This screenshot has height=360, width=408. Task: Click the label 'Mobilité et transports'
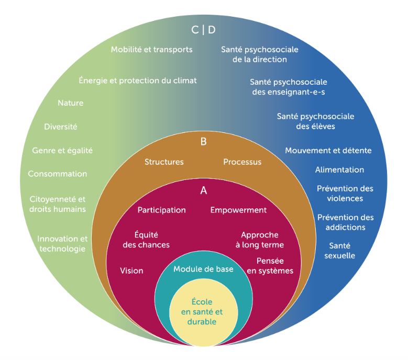click(152, 50)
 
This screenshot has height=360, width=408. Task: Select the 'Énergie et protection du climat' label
click(138, 81)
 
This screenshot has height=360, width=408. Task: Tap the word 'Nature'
click(70, 103)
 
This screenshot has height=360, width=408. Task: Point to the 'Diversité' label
click(61, 127)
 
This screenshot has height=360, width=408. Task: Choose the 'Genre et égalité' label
click(62, 150)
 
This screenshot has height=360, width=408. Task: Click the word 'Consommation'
click(58, 174)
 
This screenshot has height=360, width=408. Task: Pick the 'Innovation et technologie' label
click(62, 244)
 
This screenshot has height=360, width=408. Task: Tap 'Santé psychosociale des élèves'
click(315, 121)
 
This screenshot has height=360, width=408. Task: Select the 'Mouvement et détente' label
click(328, 151)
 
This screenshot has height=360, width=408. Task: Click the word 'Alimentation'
click(339, 170)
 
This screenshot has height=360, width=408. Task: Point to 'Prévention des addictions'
click(345, 222)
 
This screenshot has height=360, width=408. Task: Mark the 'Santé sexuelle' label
click(342, 251)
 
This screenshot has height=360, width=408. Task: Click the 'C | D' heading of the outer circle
click(203, 30)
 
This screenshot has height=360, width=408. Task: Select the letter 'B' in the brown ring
click(204, 141)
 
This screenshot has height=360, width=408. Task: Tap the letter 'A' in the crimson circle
click(204, 191)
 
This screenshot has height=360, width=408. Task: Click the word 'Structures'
click(164, 162)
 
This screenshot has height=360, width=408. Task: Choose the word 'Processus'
click(242, 162)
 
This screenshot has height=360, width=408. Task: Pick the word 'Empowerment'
click(238, 210)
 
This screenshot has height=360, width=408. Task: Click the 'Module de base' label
click(203, 269)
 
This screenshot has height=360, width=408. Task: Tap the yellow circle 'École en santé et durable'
click(202, 312)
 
